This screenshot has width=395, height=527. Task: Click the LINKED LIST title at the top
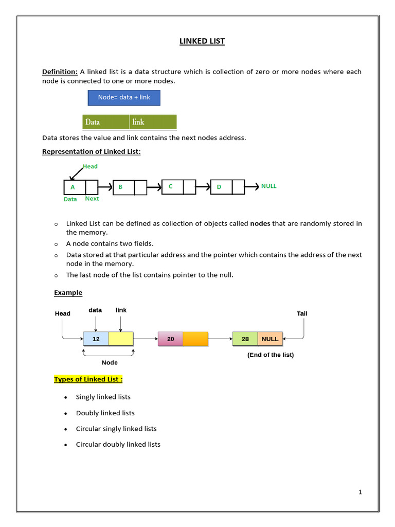(x=202, y=41)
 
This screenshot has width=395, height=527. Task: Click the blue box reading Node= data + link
(x=124, y=97)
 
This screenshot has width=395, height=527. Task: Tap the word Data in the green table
(x=93, y=122)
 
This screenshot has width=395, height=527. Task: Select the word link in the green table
(x=138, y=122)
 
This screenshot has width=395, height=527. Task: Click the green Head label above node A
(x=90, y=166)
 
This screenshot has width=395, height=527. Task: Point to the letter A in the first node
(x=73, y=187)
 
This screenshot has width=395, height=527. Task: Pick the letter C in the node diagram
(x=170, y=186)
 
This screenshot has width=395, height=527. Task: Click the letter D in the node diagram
(x=219, y=187)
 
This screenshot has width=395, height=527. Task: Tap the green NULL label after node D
(x=268, y=186)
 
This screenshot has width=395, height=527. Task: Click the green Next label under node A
(x=92, y=199)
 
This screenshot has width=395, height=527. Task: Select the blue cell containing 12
(x=96, y=339)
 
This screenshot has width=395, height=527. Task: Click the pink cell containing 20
(x=171, y=339)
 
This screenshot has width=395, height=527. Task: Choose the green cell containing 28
(x=245, y=339)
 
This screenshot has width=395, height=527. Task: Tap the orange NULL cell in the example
(x=270, y=339)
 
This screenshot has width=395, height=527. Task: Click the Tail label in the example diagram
(x=302, y=313)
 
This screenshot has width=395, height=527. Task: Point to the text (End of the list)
(x=271, y=355)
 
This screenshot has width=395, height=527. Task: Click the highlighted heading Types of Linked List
(x=88, y=379)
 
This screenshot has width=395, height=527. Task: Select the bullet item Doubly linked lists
(x=105, y=413)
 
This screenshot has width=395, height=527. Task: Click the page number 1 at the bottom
(x=360, y=492)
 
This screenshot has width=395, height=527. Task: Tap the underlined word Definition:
(x=60, y=72)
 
